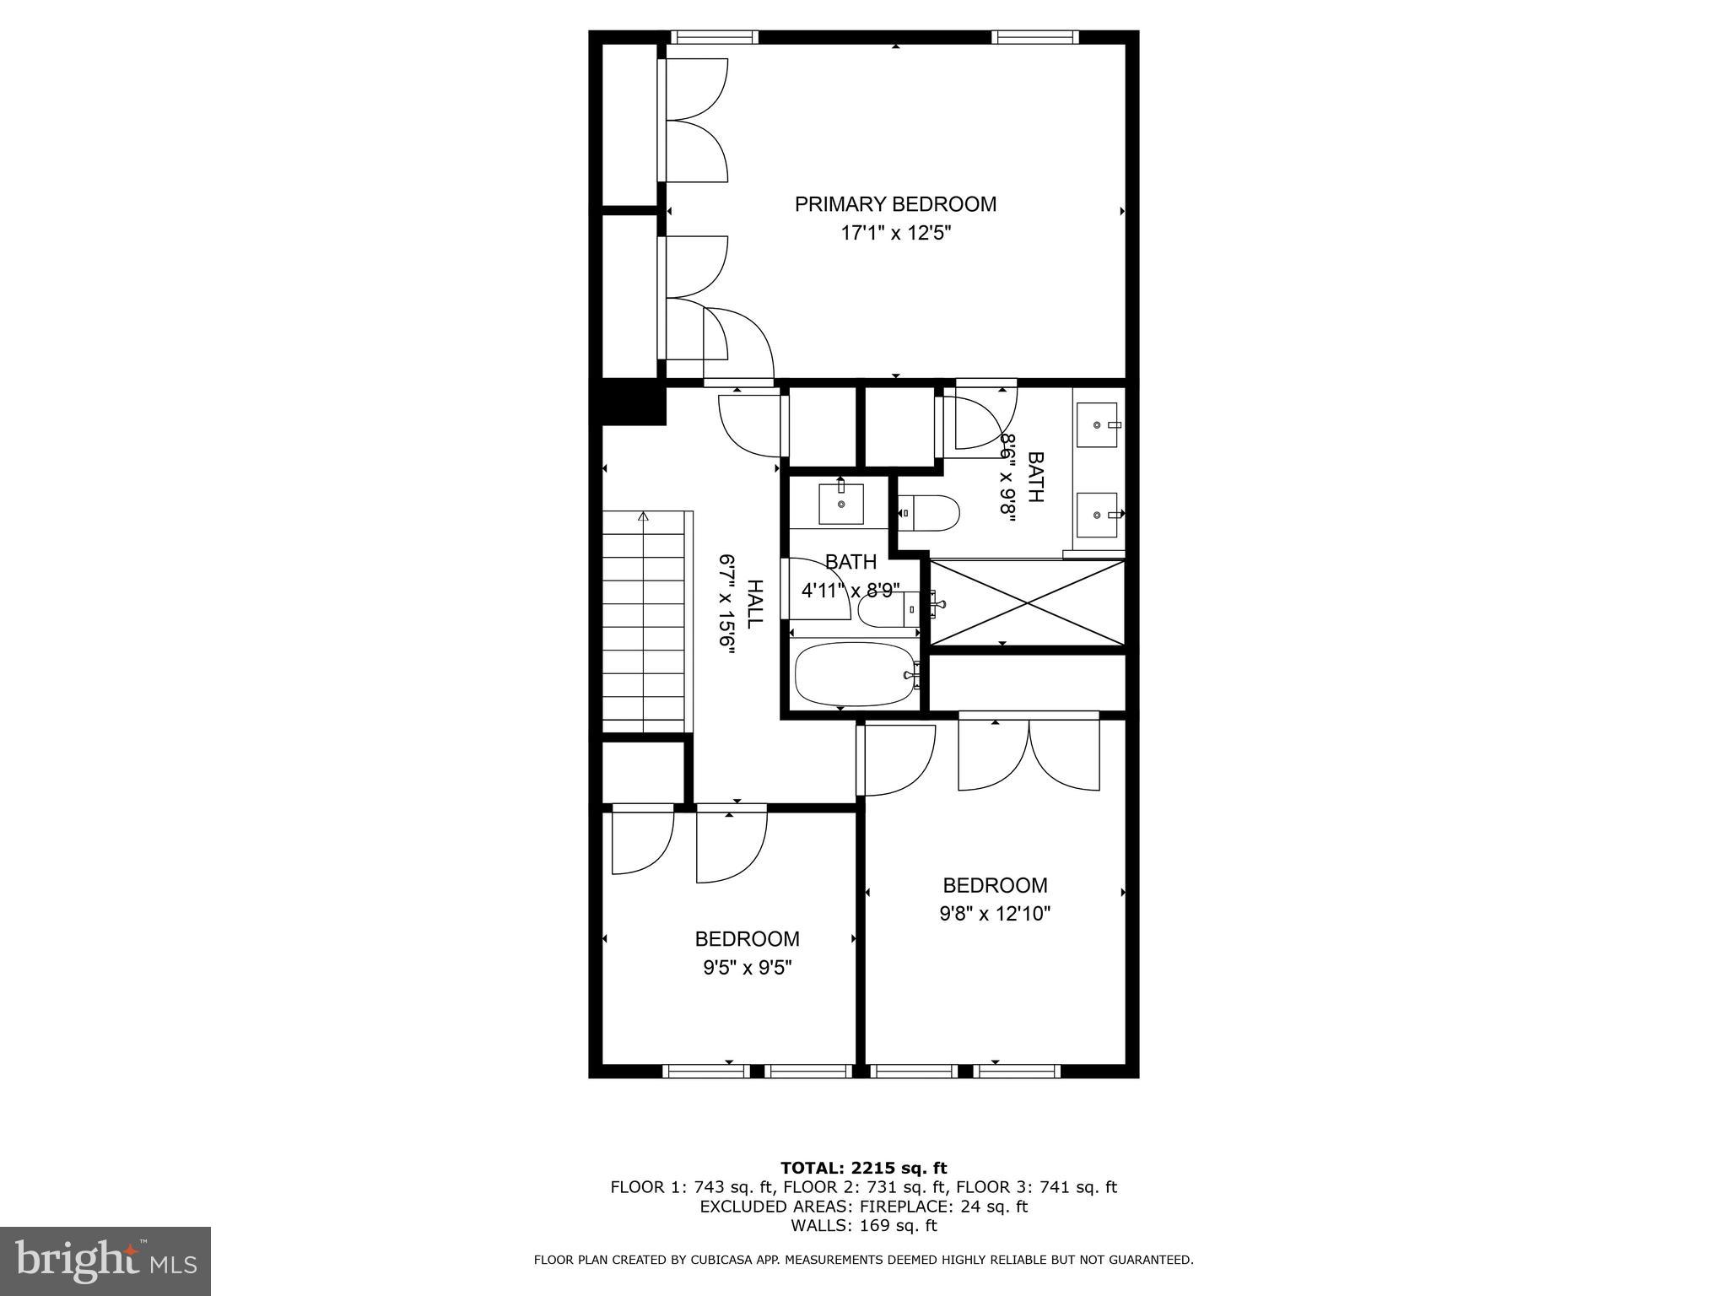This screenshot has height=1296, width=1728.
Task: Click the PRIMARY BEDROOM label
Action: click(895, 204)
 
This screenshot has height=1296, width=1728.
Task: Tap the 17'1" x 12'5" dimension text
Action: click(895, 234)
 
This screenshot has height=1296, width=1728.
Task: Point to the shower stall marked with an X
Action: click(1027, 602)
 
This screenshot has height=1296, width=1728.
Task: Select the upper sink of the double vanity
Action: click(1098, 426)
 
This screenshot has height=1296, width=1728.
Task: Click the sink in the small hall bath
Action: click(841, 504)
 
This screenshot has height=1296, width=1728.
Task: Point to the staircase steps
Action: click(643, 624)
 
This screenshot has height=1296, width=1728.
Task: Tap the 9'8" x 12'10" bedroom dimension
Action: click(995, 914)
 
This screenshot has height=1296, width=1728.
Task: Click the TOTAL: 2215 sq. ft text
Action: click(863, 1168)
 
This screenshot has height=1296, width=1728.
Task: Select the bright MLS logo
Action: click(105, 1261)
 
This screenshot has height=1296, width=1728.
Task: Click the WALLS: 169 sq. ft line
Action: click(863, 1226)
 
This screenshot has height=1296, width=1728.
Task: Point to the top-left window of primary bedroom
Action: click(714, 37)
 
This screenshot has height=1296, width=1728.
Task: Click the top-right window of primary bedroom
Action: click(1034, 37)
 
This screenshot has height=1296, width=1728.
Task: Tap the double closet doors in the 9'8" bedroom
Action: click(1029, 751)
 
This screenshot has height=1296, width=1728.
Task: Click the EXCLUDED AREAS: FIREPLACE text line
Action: click(863, 1207)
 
